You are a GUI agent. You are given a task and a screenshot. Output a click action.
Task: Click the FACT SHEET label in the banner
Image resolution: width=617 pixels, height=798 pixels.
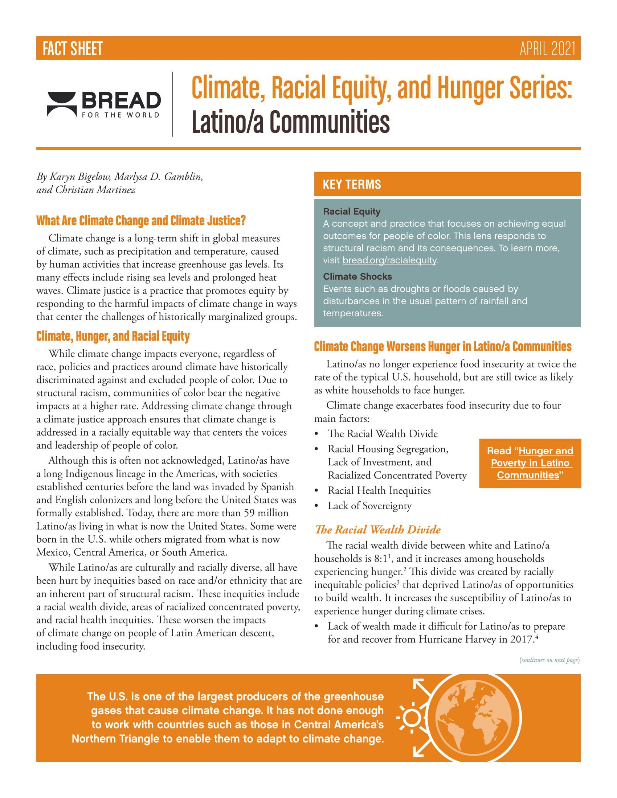(x=72, y=49)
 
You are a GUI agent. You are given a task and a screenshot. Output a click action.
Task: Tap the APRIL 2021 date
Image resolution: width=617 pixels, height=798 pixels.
(x=547, y=49)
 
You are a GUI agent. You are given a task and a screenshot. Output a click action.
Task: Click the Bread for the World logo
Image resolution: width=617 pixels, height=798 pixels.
(x=104, y=104)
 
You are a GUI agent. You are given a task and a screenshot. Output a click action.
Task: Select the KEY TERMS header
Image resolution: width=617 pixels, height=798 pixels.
(x=352, y=185)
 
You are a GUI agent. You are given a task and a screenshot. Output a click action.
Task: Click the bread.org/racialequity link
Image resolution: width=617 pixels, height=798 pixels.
(x=389, y=260)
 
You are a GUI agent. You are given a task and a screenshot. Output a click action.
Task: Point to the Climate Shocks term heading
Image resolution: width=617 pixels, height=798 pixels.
(x=357, y=277)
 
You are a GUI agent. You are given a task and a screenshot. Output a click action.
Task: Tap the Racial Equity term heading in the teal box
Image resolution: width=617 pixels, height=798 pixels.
(x=352, y=211)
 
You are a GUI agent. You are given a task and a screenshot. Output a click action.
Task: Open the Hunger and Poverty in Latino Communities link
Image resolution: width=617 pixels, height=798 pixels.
(x=530, y=463)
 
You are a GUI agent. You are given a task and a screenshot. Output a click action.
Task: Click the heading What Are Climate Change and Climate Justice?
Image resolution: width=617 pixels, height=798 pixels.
(x=141, y=221)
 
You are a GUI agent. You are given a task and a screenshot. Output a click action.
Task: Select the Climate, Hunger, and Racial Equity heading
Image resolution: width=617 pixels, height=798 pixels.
(x=113, y=336)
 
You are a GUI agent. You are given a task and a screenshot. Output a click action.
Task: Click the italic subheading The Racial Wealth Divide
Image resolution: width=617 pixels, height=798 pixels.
(x=377, y=530)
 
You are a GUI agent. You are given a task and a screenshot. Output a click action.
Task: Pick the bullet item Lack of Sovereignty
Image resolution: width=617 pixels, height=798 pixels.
(x=369, y=506)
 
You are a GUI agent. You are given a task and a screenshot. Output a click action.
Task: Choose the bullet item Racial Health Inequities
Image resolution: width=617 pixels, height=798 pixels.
(x=379, y=491)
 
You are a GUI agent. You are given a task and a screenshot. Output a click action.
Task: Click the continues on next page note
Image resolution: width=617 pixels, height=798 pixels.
(x=549, y=660)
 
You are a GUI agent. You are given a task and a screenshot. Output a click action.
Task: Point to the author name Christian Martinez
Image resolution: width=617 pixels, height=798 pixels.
(x=95, y=190)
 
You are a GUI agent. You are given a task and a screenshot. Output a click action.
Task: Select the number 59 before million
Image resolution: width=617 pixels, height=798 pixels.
(x=249, y=513)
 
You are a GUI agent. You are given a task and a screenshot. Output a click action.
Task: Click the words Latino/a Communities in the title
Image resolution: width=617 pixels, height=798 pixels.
(x=291, y=122)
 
